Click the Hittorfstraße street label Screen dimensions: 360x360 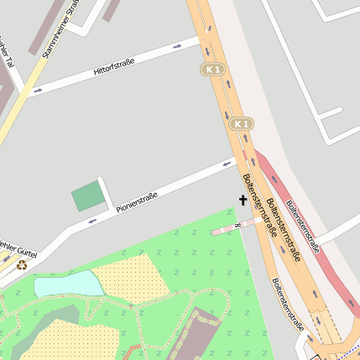coord(118,65)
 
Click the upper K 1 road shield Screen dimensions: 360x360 coord(213,68)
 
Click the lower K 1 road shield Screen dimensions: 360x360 coord(241,124)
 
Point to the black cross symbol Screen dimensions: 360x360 coord(243,200)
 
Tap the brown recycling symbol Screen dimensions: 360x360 coord(22,264)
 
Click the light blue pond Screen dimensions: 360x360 coord(67,283)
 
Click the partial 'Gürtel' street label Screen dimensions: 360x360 coord(18,249)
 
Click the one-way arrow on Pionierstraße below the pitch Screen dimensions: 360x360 coord(92,221)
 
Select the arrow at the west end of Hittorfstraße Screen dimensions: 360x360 coord(38,91)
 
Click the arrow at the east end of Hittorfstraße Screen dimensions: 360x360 coord(176,46)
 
